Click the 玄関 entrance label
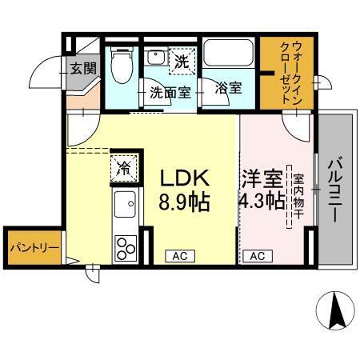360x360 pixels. point(82,68)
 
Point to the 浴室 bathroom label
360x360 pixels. point(229,88)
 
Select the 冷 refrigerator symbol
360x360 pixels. point(126,167)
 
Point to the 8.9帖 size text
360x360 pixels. point(186,202)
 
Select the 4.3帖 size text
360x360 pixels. point(261,201)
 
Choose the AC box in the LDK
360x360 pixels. point(180,256)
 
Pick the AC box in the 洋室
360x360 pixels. point(257,256)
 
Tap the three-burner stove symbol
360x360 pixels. point(127,247)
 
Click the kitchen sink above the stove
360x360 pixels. point(126,210)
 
